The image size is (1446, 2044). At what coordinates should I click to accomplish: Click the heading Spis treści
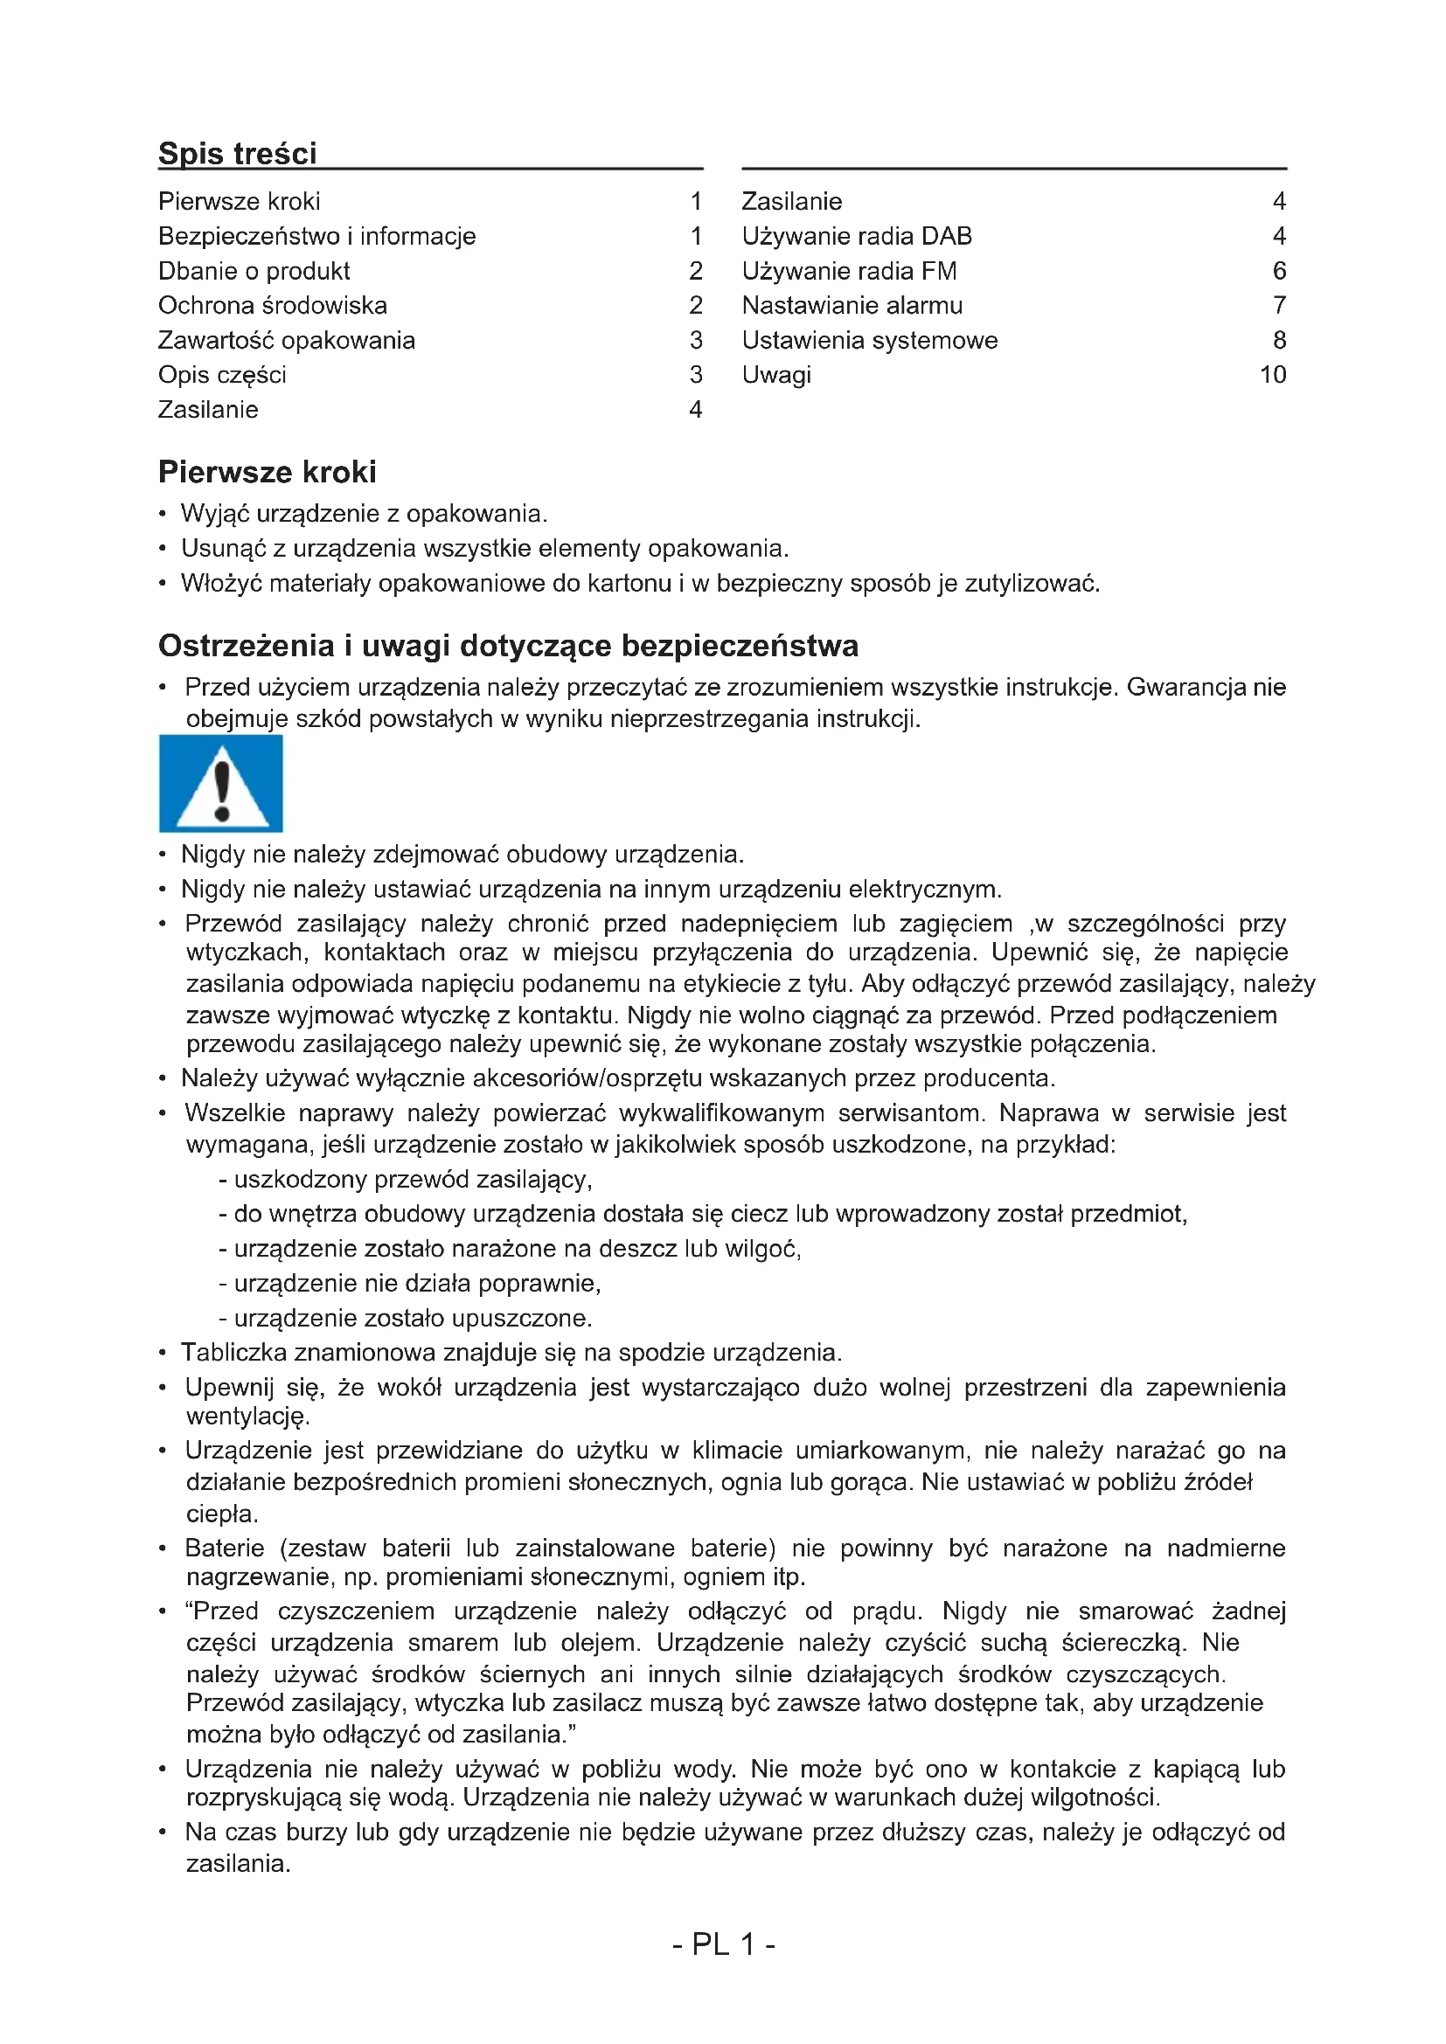click(x=237, y=153)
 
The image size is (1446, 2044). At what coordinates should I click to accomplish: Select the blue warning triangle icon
click(x=221, y=783)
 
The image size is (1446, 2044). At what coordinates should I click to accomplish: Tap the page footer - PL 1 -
click(x=723, y=1944)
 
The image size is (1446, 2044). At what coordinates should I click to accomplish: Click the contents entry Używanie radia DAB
click(x=857, y=236)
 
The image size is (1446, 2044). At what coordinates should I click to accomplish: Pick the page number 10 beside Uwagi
click(x=1272, y=375)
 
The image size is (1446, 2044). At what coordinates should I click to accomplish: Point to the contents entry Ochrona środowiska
click(x=273, y=305)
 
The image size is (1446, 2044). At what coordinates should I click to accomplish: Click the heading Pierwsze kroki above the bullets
click(x=268, y=472)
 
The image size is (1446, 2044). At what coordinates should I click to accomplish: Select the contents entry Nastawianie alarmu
click(x=852, y=305)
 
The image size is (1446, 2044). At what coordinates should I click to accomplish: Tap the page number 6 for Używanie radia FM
click(x=1279, y=271)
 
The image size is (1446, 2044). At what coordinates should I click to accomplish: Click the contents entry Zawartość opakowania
click(x=286, y=340)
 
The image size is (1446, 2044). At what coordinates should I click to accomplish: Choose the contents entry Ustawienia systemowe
click(x=870, y=340)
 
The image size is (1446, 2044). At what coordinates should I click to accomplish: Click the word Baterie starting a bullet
click(x=225, y=1548)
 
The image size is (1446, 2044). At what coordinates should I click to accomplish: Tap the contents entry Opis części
click(x=222, y=375)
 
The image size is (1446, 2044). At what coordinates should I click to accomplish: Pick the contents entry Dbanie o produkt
click(x=254, y=271)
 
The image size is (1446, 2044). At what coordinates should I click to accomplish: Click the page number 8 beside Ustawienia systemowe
click(x=1279, y=340)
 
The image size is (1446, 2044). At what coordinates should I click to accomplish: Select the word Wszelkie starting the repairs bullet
click(x=234, y=1112)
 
